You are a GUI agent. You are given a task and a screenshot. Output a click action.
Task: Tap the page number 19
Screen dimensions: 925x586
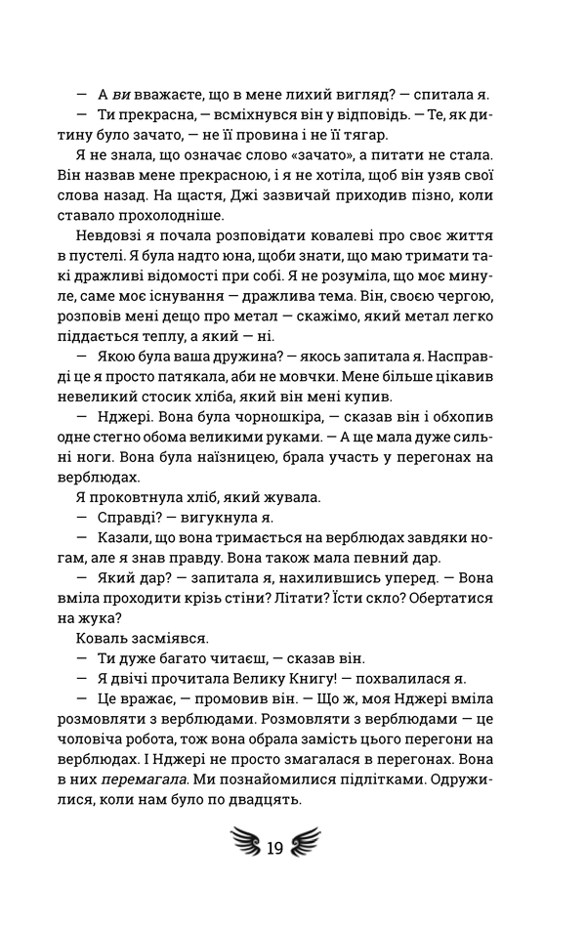(x=274, y=847)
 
